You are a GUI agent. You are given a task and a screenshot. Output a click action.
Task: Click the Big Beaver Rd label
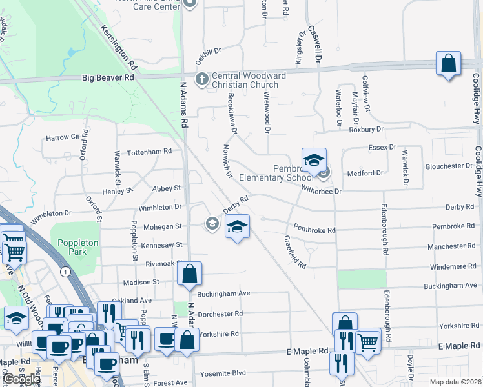pos(108,77)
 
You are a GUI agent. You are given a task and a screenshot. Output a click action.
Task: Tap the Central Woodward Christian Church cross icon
pos(201,79)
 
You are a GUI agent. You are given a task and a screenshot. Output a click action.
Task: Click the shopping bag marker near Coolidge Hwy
pos(448,64)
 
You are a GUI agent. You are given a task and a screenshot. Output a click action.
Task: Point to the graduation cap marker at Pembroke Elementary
pos(314,161)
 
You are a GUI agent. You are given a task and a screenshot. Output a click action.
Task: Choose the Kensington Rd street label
pos(119,48)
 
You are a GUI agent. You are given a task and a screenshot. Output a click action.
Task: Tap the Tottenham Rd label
pos(150,151)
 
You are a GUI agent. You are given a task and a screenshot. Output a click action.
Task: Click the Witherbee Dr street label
pos(319,190)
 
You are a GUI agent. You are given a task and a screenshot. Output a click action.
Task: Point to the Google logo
pos(21,379)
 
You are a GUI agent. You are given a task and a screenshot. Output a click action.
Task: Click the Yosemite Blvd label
pos(223,373)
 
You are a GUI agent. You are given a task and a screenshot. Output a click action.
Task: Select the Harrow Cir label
pos(67,137)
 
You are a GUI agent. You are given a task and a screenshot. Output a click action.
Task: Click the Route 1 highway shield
pos(65,272)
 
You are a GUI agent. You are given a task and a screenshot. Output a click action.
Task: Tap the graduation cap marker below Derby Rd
pos(237,227)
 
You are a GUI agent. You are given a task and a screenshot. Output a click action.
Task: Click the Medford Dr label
pos(365,173)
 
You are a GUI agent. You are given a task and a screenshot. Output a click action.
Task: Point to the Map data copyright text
pos(457,382)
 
